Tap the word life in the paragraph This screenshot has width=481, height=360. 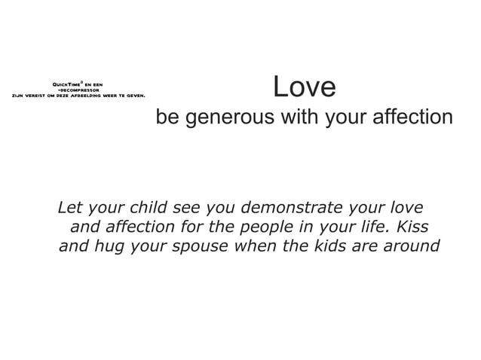pyautogui.click(x=381, y=227)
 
